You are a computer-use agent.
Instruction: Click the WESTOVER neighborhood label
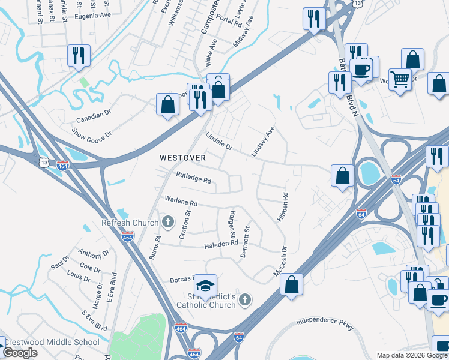click(182, 158)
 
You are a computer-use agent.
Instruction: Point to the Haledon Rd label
click(221, 244)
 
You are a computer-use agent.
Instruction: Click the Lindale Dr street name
click(219, 141)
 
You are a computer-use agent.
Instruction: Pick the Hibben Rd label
click(282, 207)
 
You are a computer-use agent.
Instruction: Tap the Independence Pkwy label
click(325, 325)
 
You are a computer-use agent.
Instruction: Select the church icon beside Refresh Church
click(168, 223)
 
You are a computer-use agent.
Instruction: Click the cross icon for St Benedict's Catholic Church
click(244, 299)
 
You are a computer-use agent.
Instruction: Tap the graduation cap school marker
click(205, 286)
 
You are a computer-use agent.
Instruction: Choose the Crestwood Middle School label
click(52, 342)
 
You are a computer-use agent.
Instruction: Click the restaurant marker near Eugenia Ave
click(79, 56)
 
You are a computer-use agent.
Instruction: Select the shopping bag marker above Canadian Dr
click(168, 104)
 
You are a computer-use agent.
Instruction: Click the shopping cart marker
click(400, 79)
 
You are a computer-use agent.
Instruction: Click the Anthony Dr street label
click(90, 254)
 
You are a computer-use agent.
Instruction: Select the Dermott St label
click(245, 242)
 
